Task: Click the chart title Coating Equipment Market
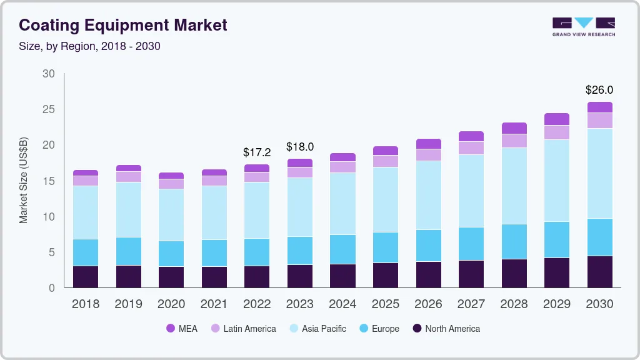point(123,25)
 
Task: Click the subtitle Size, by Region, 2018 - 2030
point(89,46)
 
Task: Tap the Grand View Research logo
point(583,26)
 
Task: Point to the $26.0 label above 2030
point(599,90)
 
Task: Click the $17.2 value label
point(256,152)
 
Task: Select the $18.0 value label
point(299,147)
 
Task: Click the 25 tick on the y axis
point(48,109)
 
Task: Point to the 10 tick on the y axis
point(48,217)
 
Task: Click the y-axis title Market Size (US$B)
point(24,181)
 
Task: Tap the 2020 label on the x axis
point(171,304)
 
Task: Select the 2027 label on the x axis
point(471,304)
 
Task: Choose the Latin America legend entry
point(242,329)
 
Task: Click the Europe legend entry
point(378,329)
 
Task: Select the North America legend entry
point(446,329)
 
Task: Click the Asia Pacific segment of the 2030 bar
point(599,173)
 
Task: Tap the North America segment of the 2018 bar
point(85,277)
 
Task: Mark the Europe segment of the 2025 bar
point(385,247)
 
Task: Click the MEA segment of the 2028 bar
point(514,128)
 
